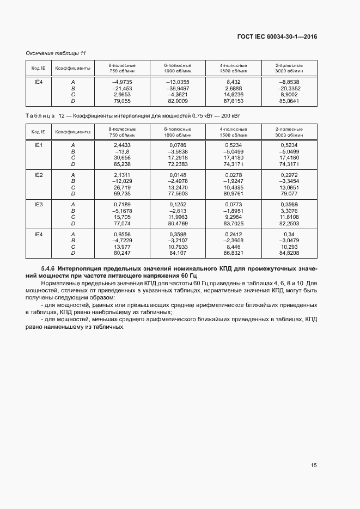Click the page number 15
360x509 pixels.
(314, 465)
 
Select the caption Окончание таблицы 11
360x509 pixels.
(56, 53)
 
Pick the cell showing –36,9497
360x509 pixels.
(178, 88)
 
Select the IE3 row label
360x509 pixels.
(39, 204)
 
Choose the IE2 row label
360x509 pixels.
(39, 174)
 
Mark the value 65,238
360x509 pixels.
(122, 164)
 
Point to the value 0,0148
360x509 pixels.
(178, 174)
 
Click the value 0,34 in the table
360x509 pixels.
(289, 234)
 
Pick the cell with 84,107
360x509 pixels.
(178, 253)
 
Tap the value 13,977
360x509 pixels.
(122, 247)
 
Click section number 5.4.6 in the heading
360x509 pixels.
(49, 269)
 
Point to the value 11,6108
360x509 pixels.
(289, 217)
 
